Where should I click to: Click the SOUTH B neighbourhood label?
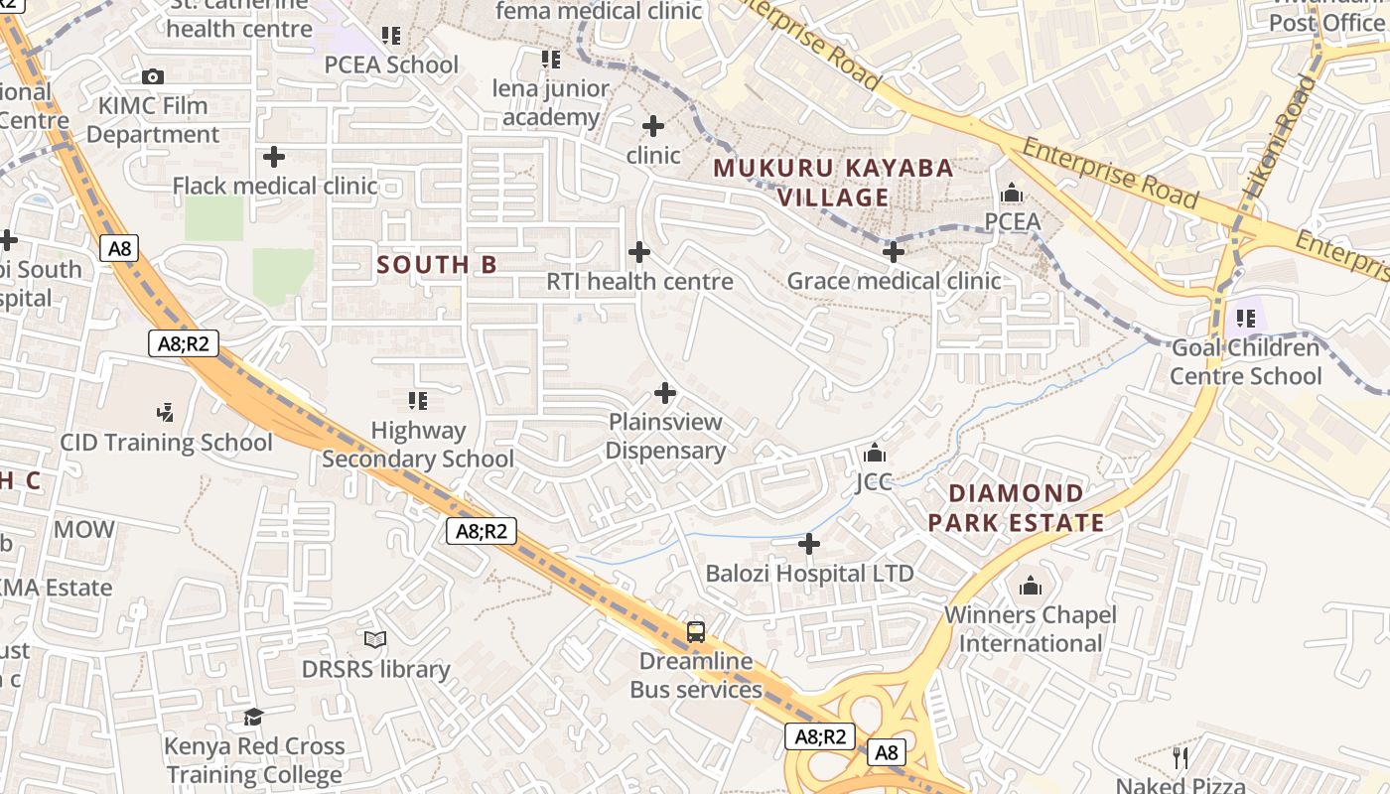point(437,265)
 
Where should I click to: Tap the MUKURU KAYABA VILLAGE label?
point(834,183)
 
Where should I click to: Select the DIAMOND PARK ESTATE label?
point(1017,508)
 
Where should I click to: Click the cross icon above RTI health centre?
point(639,252)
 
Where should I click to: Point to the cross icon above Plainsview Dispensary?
point(665,393)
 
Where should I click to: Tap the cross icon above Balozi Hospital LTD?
point(809,544)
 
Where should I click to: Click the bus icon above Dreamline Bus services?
point(696,631)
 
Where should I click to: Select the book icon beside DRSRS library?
point(375,640)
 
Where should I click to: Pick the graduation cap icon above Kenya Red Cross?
point(254,717)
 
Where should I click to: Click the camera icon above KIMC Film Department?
point(152,76)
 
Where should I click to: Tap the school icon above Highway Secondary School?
point(418,401)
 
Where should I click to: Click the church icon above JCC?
point(875,453)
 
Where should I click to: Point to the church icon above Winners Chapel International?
point(1031,586)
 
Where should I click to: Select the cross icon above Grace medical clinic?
point(894,252)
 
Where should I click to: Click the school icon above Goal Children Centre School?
point(1246,319)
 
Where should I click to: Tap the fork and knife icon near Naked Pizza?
point(1181,758)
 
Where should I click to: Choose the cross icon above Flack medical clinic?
point(274,157)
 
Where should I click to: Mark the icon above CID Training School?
point(166,412)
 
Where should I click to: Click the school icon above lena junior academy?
point(551,60)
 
